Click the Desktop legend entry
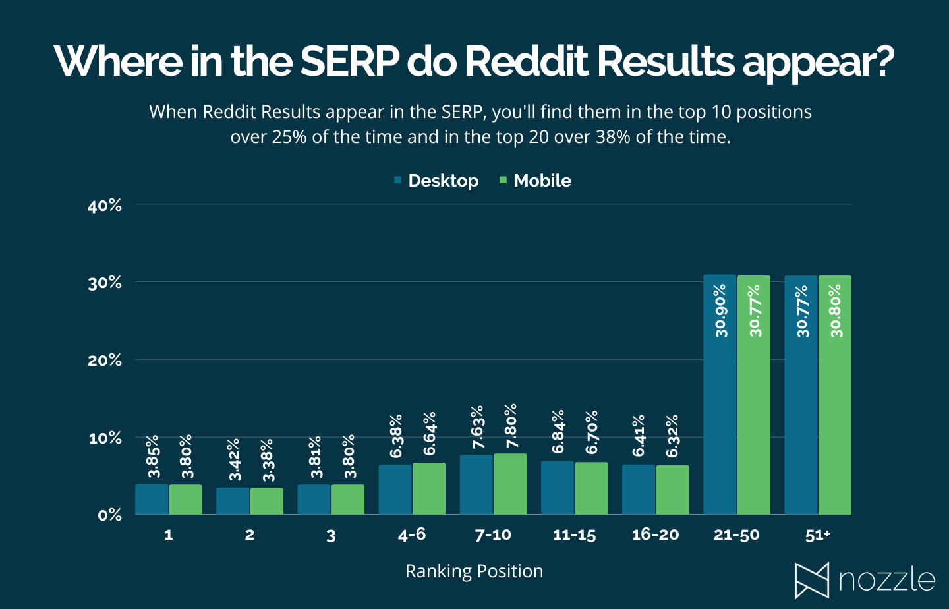click(x=436, y=181)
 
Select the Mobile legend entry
click(x=535, y=181)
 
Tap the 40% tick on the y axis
click(x=105, y=206)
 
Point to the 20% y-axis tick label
click(x=105, y=361)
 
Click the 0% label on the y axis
click(x=109, y=515)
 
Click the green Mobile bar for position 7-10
click(x=510, y=484)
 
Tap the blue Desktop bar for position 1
click(x=152, y=500)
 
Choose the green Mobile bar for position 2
click(x=267, y=502)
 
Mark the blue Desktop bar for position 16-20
click(x=639, y=490)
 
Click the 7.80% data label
click(x=511, y=426)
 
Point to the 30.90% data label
click(x=720, y=310)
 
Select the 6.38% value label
click(x=395, y=436)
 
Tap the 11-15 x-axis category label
click(x=574, y=535)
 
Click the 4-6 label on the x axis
click(x=412, y=535)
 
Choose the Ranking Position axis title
click(x=474, y=571)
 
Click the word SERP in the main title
click(x=349, y=61)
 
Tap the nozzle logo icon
click(x=811, y=581)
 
